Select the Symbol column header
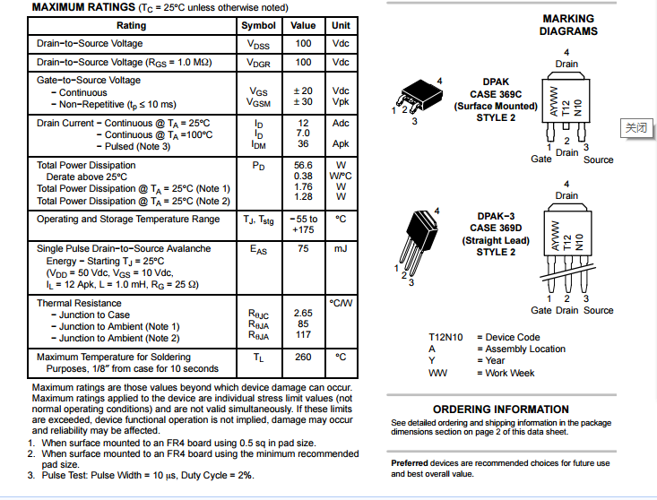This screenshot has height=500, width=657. coord(258,25)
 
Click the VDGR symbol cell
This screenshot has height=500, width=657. coord(258,63)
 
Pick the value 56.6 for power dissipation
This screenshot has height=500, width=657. coord(303,165)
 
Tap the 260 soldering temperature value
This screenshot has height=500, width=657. coord(303,357)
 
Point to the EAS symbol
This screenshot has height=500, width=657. coord(258,249)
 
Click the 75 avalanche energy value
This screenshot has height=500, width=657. coord(303,248)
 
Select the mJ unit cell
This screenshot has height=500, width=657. coord(341,248)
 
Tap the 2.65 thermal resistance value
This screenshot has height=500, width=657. coord(303,314)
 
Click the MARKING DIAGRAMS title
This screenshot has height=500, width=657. coord(568,24)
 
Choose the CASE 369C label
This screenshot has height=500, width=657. coord(496,94)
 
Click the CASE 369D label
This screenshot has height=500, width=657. coord(496,228)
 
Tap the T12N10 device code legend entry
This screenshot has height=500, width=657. coord(445,338)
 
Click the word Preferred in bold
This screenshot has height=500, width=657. coord(411,463)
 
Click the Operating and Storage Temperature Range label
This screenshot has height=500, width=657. coord(128,220)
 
